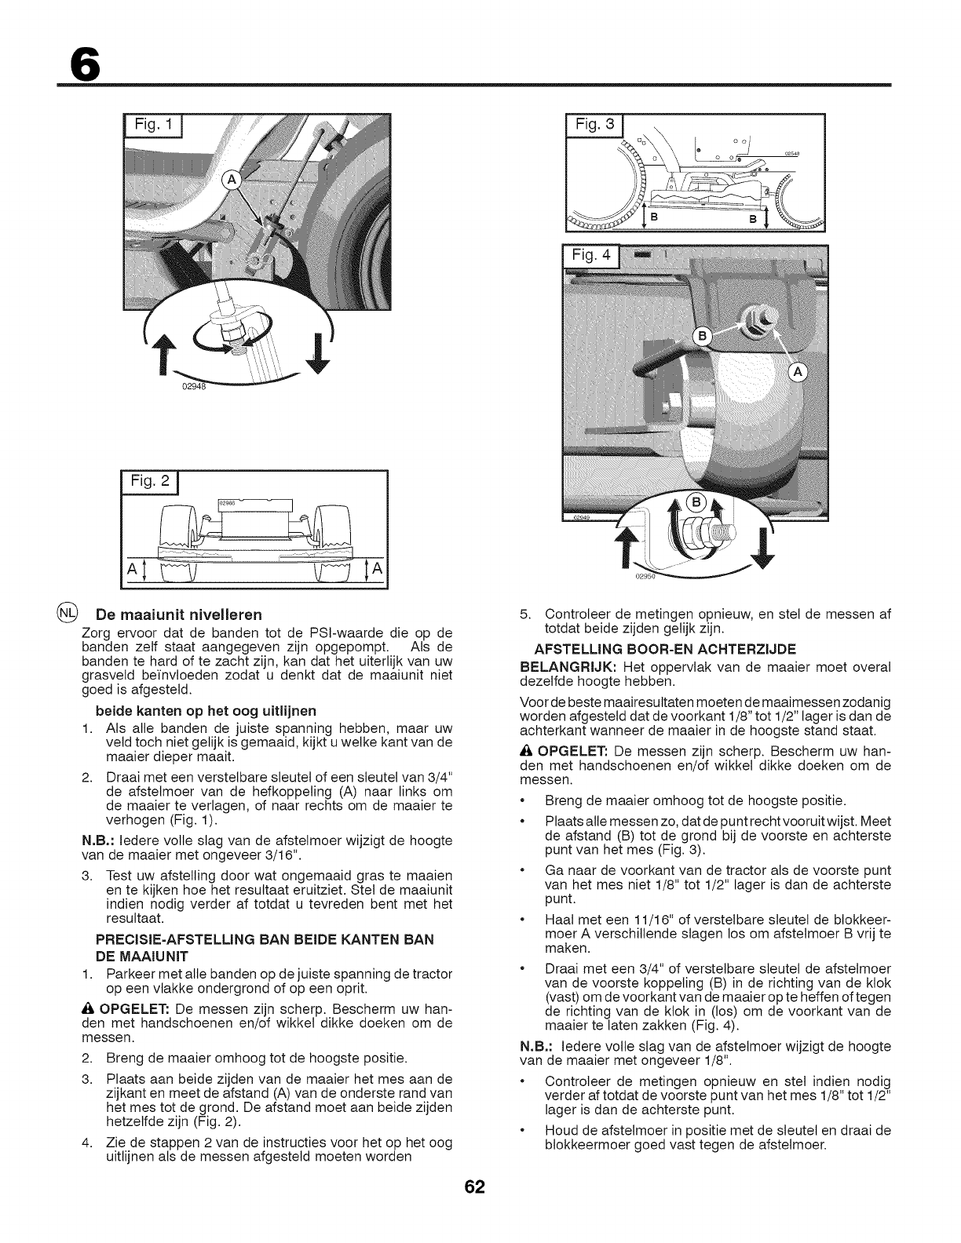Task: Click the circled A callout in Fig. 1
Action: click(233, 180)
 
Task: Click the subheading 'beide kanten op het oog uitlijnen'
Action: click(206, 710)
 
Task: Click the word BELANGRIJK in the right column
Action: click(565, 666)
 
